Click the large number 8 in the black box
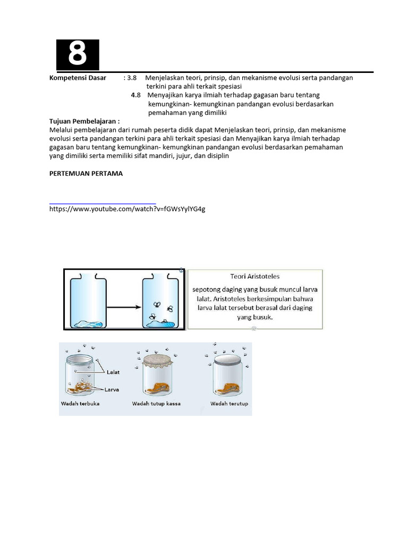point(78,54)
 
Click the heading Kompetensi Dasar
point(78,78)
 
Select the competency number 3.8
point(132,78)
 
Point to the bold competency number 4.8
point(135,95)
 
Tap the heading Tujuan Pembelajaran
point(84,121)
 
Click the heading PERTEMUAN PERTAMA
point(86,174)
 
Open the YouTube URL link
point(127,209)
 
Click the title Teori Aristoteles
point(255,277)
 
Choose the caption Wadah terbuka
point(80,404)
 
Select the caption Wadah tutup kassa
point(156,404)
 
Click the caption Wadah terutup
point(229,404)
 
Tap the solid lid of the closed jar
point(228,360)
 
